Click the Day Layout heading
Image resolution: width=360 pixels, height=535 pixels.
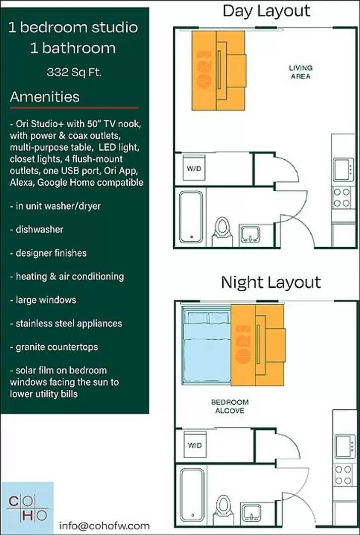tap(266, 11)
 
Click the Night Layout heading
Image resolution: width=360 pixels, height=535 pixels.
tap(271, 283)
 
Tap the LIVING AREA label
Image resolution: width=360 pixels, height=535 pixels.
tap(301, 72)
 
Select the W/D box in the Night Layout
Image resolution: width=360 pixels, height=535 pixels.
tap(194, 445)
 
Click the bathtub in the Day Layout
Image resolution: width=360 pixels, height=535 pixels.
tap(191, 216)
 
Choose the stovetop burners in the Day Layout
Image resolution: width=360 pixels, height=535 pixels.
tap(342, 197)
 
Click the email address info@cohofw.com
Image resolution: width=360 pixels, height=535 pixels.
tap(104, 526)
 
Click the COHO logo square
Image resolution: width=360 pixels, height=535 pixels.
tap(27, 508)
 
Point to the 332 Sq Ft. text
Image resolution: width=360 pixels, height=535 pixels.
tap(75, 72)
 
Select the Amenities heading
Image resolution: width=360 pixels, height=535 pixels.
tap(45, 97)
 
